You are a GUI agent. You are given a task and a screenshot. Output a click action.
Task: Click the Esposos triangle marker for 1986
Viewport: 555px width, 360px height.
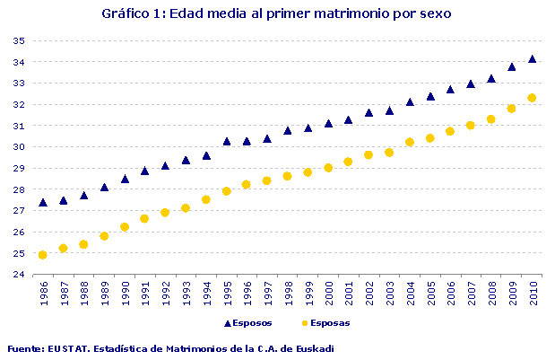pyautogui.click(x=43, y=203)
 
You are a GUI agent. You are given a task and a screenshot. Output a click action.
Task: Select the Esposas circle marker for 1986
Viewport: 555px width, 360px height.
pyautogui.click(x=43, y=255)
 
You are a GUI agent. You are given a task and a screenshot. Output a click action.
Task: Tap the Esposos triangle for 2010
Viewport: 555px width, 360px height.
pyautogui.click(x=533, y=59)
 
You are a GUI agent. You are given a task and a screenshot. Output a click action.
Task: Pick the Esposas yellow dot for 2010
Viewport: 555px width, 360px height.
pyautogui.click(x=533, y=98)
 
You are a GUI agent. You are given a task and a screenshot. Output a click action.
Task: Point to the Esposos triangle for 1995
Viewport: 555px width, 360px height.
pyautogui.click(x=227, y=141)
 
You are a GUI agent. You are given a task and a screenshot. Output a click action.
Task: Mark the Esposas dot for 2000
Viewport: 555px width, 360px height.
pyautogui.click(x=329, y=168)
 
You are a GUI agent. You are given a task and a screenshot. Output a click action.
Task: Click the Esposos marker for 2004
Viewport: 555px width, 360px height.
pyautogui.click(x=410, y=102)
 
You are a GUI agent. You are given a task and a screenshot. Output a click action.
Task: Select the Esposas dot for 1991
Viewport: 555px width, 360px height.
pyautogui.click(x=144, y=218)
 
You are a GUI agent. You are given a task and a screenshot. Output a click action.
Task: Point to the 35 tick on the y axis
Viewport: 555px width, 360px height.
pyautogui.click(x=19, y=41)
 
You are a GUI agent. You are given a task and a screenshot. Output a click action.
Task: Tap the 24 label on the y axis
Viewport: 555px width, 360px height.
pyautogui.click(x=19, y=275)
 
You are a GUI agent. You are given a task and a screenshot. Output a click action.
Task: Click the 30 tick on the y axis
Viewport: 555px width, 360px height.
pyautogui.click(x=19, y=147)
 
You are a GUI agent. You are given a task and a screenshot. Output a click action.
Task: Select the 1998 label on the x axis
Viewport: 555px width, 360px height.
pyautogui.click(x=288, y=294)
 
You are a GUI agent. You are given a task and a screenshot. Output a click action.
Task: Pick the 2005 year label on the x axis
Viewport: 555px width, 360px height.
pyautogui.click(x=430, y=294)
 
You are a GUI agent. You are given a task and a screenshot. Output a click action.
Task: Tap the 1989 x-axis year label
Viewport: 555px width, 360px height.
pyautogui.click(x=104, y=294)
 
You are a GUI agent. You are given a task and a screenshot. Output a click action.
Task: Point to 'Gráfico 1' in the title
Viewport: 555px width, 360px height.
pyautogui.click(x=132, y=14)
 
